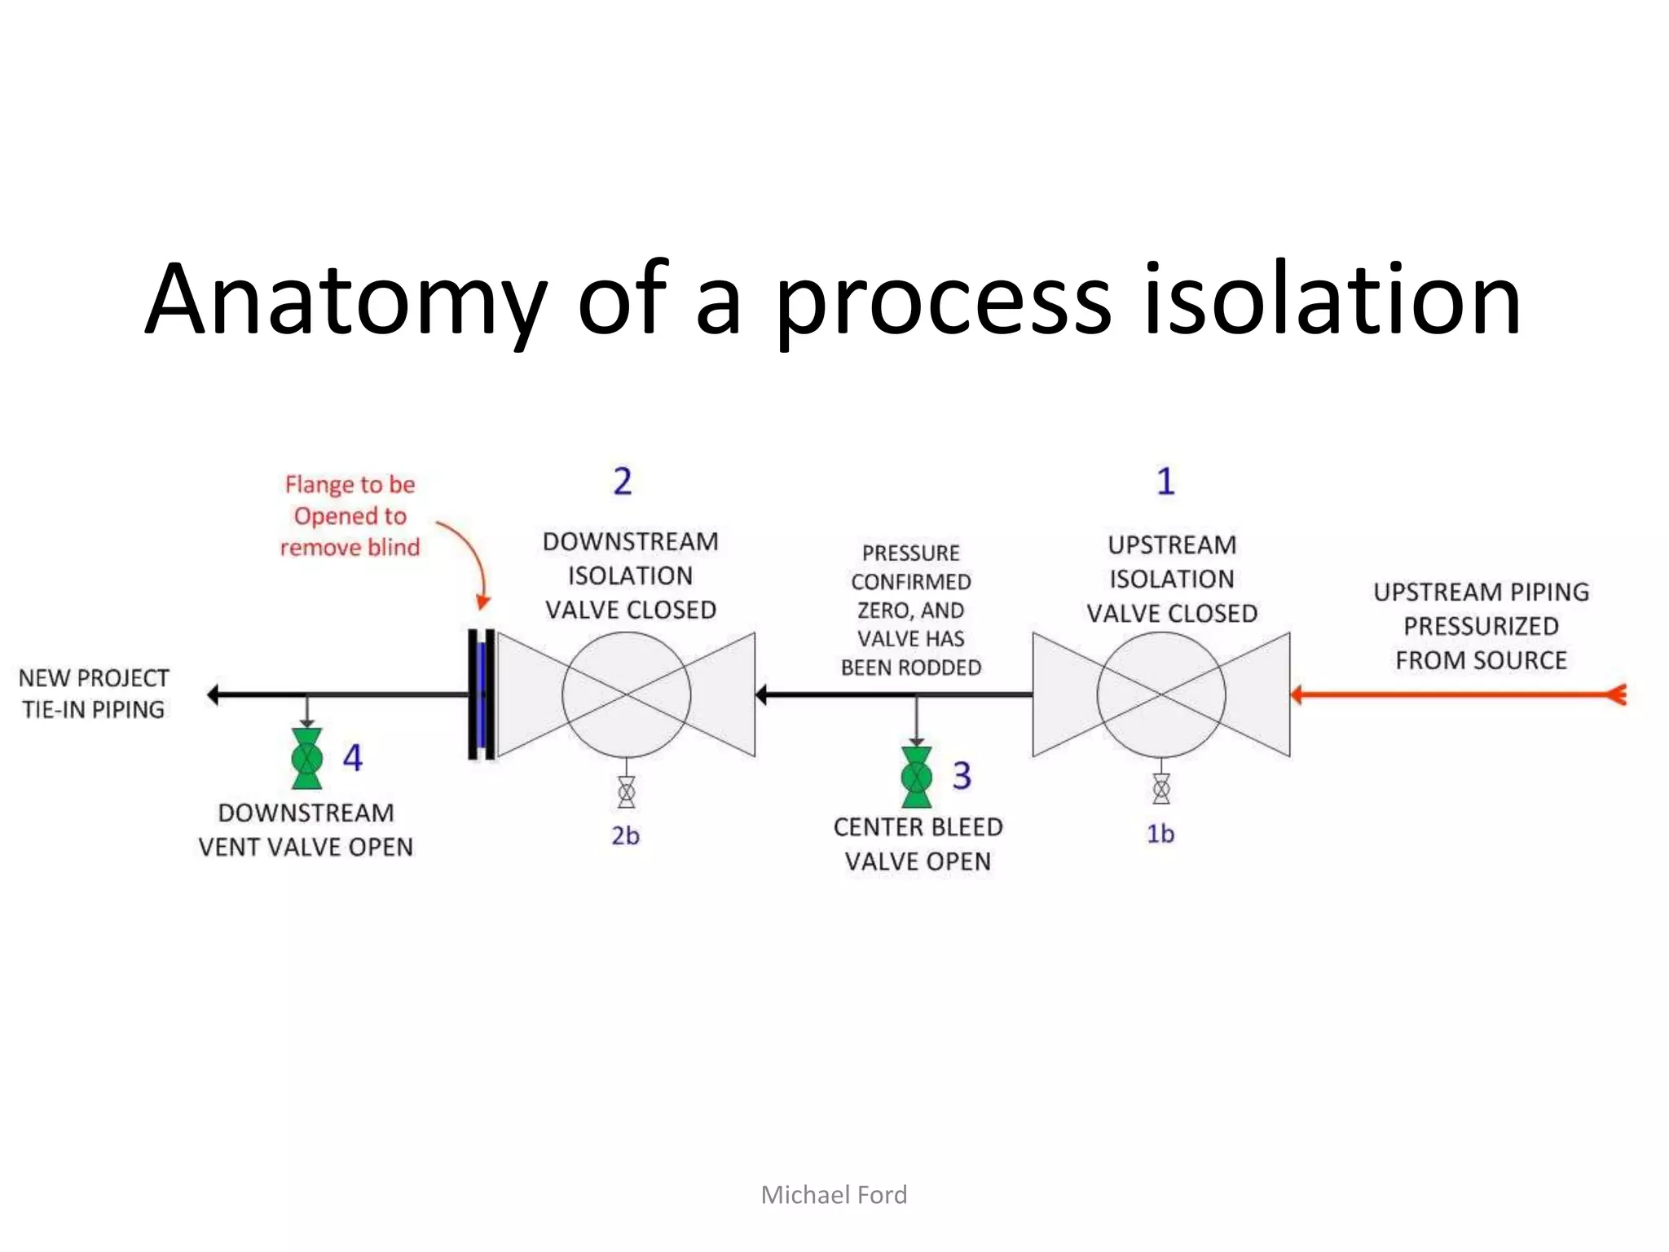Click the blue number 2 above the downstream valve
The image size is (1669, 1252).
[623, 482]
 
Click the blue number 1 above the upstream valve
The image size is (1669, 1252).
[1166, 482]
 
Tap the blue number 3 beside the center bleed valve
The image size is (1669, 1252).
[962, 775]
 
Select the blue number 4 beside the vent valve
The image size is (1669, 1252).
[352, 758]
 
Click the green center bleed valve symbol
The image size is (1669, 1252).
[916, 777]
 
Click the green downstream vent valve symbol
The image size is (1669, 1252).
[306, 758]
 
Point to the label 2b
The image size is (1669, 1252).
[626, 835]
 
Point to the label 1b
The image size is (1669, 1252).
[1160, 834]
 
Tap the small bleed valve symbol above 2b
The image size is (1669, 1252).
[626, 791]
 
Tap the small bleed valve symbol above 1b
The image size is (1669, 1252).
[1161, 789]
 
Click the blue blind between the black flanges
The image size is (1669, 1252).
[482, 694]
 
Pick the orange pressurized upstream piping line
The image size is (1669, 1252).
[1459, 694]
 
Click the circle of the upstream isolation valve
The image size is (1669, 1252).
[1161, 694]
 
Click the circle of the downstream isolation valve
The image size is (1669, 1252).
[626, 694]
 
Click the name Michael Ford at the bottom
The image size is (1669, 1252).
[834, 1195]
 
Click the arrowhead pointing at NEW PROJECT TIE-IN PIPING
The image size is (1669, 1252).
[214, 694]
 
